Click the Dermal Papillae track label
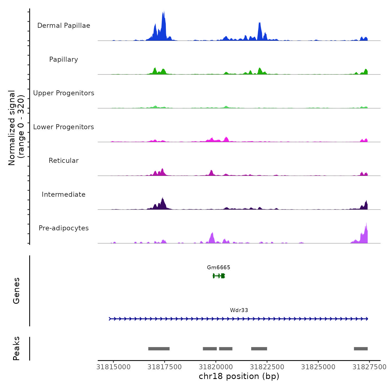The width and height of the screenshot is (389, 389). coord(64,26)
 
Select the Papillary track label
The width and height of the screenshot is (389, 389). coord(64,59)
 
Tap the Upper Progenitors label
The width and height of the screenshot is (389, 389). coord(64,93)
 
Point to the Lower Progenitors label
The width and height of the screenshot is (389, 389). coord(64,127)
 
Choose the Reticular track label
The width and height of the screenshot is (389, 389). coord(64,161)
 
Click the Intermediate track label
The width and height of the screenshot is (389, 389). coord(64,194)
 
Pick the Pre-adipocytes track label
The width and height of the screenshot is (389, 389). coord(64,228)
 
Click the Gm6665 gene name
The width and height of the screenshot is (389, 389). coord(219,268)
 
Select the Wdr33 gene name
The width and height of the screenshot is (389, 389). coord(239,310)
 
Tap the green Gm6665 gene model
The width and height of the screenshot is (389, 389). coord(219,276)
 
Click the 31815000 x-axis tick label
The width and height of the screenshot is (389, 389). coord(113,367)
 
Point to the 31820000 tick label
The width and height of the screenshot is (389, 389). coord(216,367)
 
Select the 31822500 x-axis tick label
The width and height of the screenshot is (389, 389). coord(267,367)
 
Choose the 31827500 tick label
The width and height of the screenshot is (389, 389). coord(370,367)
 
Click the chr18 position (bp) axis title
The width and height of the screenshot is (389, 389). coord(239,376)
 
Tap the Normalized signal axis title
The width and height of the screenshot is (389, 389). coord(16,128)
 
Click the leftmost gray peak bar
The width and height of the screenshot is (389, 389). coord(159,349)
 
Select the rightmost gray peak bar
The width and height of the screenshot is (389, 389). coord(361,349)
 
